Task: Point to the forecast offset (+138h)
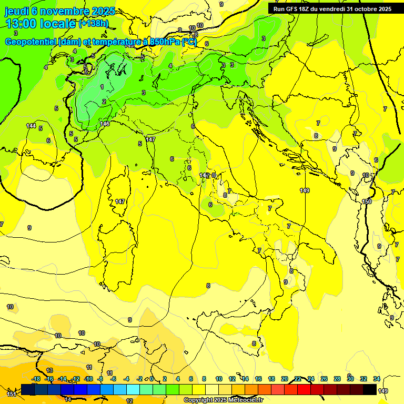pos(93,24)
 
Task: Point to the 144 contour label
pos(32,126)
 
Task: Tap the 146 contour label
pos(105,124)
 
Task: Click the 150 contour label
pos(367,201)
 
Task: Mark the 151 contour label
pos(12,393)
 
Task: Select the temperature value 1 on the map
pos(102,87)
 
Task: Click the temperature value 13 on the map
pos(49,370)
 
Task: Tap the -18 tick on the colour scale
pos(36,379)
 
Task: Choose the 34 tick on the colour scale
pos(377,379)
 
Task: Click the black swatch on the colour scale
pos(370,389)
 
